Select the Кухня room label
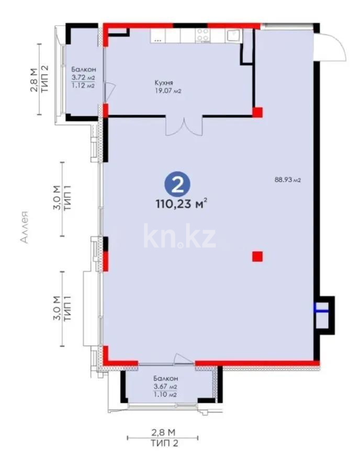point(164,83)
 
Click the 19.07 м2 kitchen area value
point(168,91)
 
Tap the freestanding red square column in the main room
point(257,256)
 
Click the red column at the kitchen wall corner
point(257,111)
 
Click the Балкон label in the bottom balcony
point(166,378)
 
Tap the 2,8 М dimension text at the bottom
point(163,432)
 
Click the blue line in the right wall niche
point(322,310)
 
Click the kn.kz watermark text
point(179,236)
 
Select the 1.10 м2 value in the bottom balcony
point(165,395)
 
